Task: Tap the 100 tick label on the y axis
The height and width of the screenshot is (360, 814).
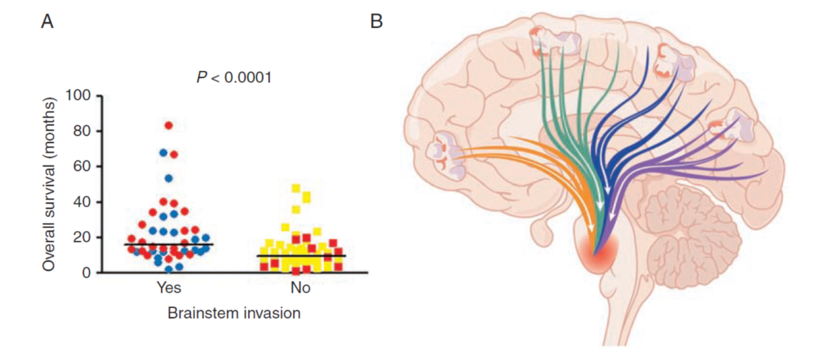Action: click(81, 96)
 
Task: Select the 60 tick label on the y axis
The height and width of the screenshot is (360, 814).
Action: click(85, 167)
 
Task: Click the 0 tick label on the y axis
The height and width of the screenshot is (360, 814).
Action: click(88, 273)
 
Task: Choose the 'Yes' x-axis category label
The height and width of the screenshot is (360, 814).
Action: click(169, 288)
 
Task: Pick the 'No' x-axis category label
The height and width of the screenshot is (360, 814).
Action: click(300, 288)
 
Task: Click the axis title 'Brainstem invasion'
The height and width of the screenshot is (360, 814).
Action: click(234, 313)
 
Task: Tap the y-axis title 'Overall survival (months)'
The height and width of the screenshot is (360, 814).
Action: click(49, 184)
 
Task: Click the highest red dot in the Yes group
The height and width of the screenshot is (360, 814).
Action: click(169, 125)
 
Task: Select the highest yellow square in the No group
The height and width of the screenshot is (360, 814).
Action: click(295, 188)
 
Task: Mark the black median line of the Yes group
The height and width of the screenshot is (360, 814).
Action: click(169, 244)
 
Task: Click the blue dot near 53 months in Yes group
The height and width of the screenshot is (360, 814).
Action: click(169, 178)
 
